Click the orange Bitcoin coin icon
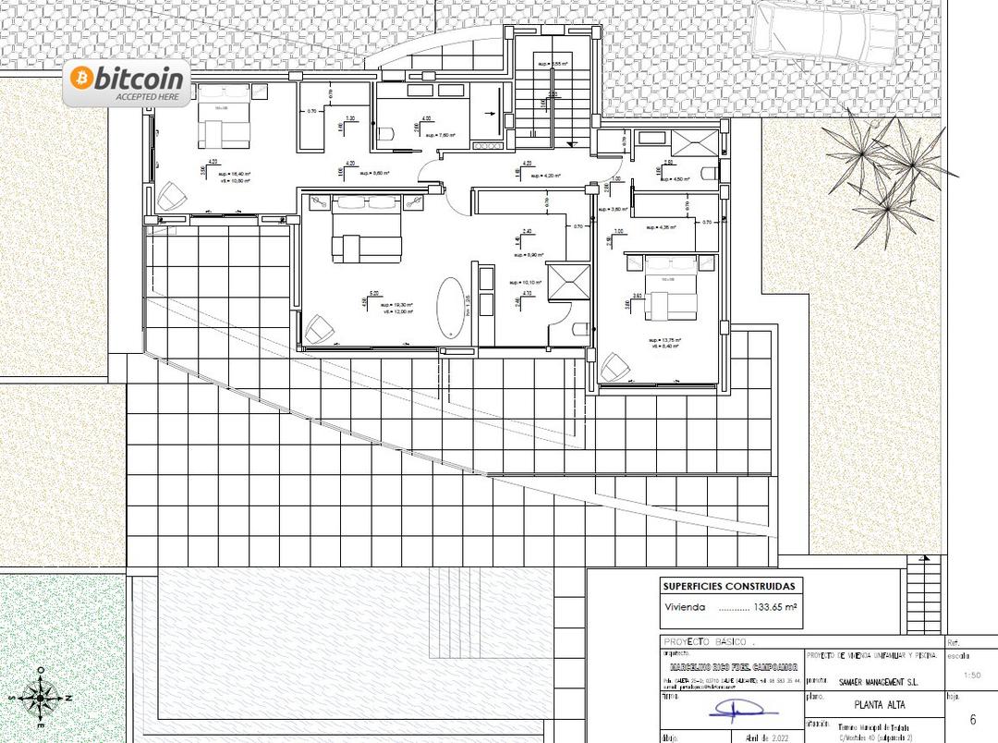tap(80, 79)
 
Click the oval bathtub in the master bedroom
tap(451, 307)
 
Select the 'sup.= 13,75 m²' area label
tap(664, 340)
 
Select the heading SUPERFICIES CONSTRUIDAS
tap(728, 586)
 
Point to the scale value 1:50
tap(971, 676)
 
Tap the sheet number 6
tap(972, 719)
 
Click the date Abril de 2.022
tap(757, 737)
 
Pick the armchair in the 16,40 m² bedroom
tap(172, 195)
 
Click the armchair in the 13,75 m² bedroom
tap(614, 368)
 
